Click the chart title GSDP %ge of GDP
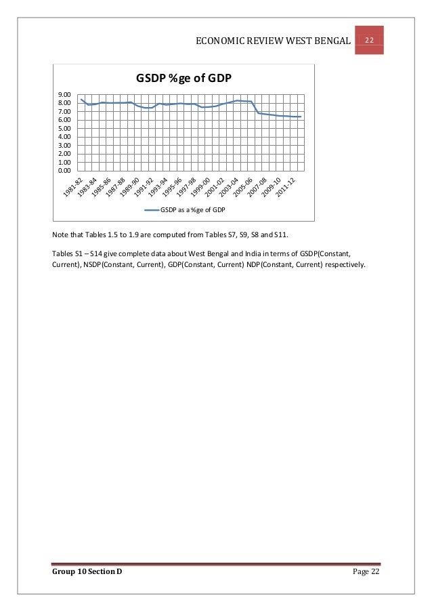point(184,79)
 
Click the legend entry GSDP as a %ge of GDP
point(192,210)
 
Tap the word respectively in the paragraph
point(346,265)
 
